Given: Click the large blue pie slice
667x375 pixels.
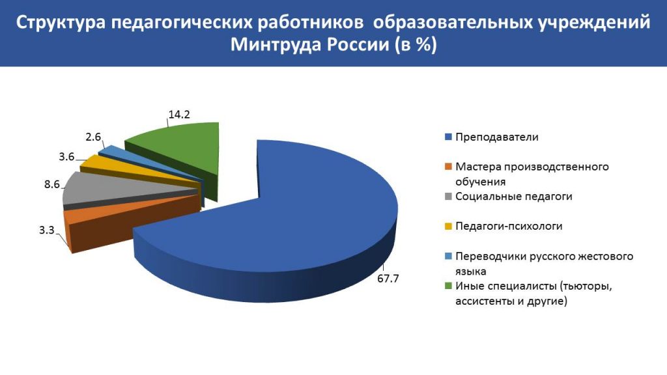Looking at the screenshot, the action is coord(298,221).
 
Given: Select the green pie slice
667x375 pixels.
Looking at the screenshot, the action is coord(183,153).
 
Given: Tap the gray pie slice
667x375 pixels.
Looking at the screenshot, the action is coord(128,189).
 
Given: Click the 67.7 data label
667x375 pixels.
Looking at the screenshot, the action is coord(388,279).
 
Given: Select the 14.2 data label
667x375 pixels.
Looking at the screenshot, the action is coord(179,115).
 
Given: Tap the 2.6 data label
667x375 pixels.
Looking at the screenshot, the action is coord(93,137).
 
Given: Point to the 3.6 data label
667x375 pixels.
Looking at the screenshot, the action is coord(67,157).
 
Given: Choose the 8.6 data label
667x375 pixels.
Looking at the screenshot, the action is coord(52,184).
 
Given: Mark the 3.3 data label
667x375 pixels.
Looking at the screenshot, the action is coord(47,230).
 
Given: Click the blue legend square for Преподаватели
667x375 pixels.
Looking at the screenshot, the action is coord(448,137).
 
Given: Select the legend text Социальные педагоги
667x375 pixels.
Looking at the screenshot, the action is coord(514,197).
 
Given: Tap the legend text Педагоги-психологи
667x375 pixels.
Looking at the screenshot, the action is coord(509,226).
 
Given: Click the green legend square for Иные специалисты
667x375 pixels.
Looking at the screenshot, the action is coord(448,286).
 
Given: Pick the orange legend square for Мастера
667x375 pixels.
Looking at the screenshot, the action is coord(448,167).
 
